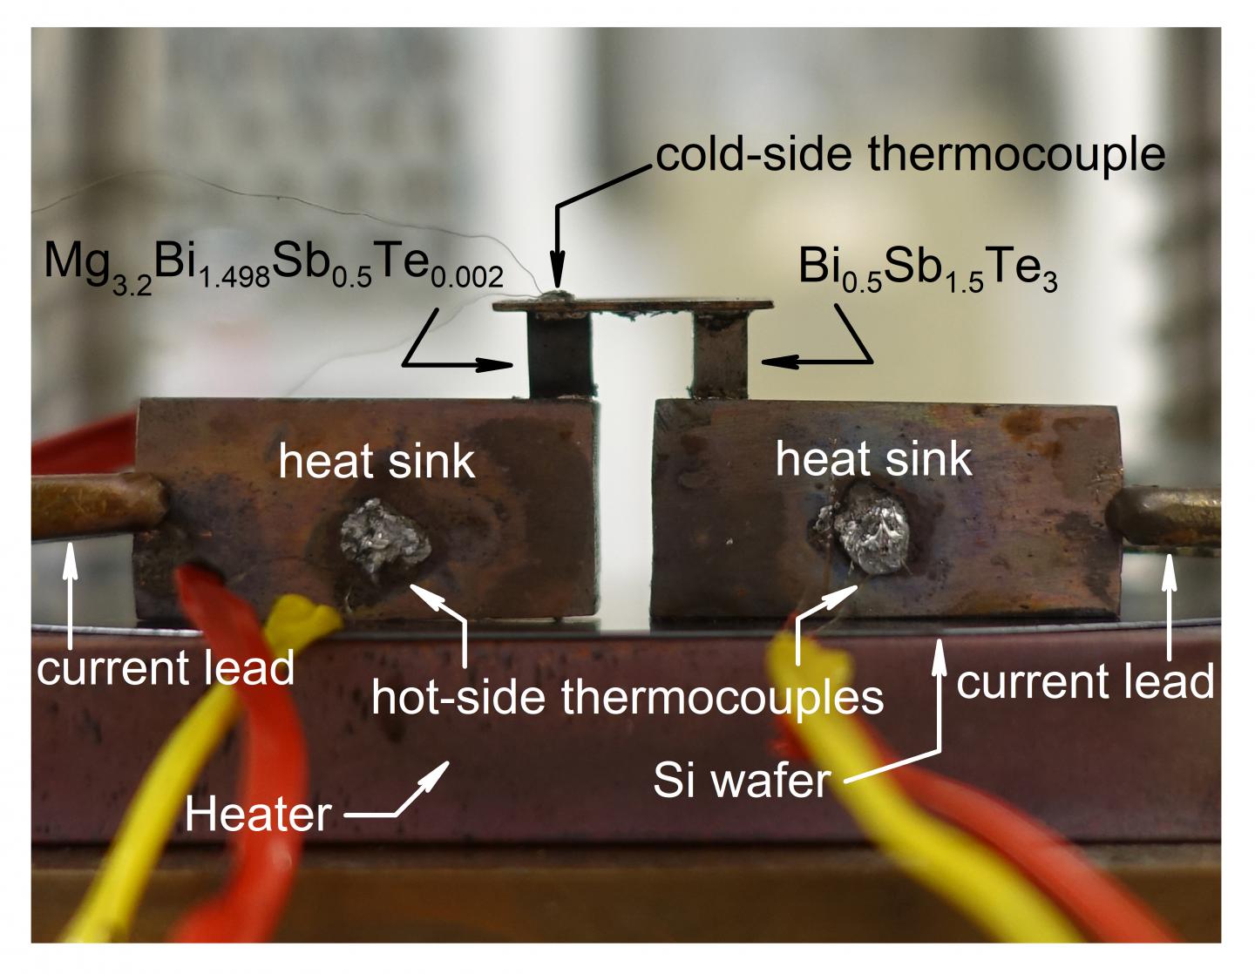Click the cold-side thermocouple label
click(x=910, y=155)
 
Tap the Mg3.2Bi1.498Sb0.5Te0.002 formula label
click(x=274, y=265)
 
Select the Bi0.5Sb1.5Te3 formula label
click(x=927, y=267)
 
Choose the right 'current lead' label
click(x=1085, y=681)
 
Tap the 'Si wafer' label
click(x=741, y=781)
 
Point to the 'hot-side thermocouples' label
click(x=627, y=697)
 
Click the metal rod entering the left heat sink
click(x=96, y=505)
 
